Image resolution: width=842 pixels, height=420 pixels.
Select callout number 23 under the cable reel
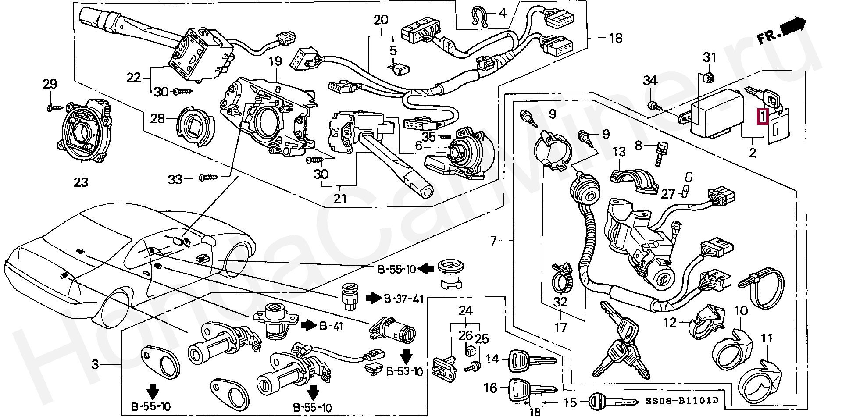tap(81, 181)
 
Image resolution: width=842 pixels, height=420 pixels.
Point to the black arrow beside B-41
tap(308, 324)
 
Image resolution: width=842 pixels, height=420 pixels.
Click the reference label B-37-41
tap(403, 299)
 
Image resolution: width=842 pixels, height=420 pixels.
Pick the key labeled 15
tap(612, 401)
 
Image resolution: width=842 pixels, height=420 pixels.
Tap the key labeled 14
tap(532, 359)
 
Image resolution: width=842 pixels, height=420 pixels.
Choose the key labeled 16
tap(532, 388)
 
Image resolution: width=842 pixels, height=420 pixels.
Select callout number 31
tap(710, 57)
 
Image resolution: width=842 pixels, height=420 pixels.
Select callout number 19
tap(275, 61)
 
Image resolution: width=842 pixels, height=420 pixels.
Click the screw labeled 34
tap(653, 105)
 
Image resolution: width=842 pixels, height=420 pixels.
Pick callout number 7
tap(494, 241)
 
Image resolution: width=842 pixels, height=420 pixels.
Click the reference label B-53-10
tap(404, 372)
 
